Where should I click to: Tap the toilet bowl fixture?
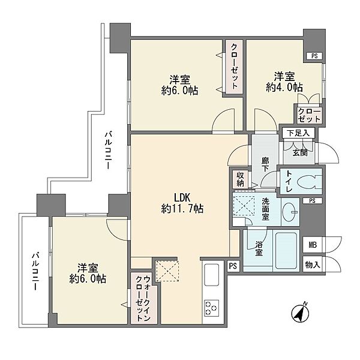tap(309, 181)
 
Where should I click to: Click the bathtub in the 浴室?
tap(286, 250)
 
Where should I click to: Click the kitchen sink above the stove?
tap(211, 275)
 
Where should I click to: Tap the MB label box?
tap(313, 245)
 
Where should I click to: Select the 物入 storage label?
tap(313, 265)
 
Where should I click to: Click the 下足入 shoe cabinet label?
tap(298, 133)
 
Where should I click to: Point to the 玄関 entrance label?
tap(300, 152)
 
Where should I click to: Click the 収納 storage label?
tap(241, 179)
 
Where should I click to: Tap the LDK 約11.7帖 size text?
tap(182, 203)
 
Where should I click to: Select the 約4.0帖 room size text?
tap(284, 87)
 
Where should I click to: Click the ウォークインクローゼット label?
tap(143, 298)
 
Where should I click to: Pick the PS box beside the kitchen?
tap(233, 266)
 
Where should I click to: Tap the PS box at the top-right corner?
tap(314, 56)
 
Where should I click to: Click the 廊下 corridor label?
tap(265, 164)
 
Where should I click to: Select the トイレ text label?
tap(289, 181)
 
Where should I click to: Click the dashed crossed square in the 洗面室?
tap(244, 205)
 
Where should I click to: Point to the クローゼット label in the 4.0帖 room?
tap(309, 115)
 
